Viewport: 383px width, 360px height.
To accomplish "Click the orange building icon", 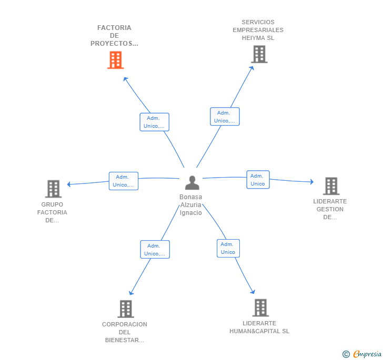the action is (116, 60).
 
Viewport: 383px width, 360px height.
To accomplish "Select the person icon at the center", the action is (192, 183).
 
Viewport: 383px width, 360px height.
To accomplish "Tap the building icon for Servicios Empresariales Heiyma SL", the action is (259, 54).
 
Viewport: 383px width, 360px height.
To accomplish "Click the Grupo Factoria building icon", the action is (53, 189).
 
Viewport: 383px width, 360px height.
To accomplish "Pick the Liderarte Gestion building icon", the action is (331, 186).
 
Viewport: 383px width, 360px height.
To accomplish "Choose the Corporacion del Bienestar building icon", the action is (126, 308).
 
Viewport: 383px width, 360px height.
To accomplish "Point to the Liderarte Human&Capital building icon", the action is (260, 307).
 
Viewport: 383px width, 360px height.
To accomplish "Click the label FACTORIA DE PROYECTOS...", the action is (114, 36).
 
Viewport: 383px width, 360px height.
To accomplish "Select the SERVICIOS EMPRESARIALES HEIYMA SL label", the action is (258, 30).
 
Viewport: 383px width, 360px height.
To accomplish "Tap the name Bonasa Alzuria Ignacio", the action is (191, 205).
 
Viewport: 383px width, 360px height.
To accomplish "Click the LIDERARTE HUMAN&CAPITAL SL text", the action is (259, 327).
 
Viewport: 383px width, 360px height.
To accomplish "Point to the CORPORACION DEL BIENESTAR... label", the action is (125, 332).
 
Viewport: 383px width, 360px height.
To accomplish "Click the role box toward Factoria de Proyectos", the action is (154, 122).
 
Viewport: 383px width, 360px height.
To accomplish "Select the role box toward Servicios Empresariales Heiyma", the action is (225, 117).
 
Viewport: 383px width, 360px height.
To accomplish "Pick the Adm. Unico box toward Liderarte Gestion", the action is (258, 180).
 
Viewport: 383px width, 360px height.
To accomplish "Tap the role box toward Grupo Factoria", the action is (124, 181).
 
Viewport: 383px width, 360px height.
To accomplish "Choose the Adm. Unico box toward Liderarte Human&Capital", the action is (228, 248).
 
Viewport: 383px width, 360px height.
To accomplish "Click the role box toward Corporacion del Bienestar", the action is (155, 250).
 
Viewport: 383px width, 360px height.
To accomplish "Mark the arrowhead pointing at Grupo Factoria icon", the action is (69, 184).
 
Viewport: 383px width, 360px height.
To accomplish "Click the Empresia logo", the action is (362, 354).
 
